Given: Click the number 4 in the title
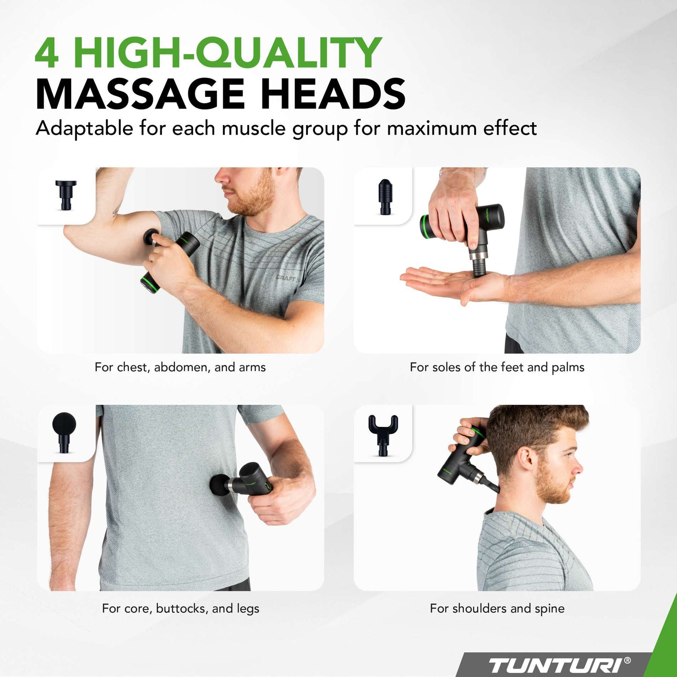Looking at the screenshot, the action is [46, 52].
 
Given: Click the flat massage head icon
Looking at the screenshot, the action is [66, 195].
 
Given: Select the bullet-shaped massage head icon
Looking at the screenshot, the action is [386, 197].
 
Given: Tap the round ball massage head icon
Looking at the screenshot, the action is [64, 432].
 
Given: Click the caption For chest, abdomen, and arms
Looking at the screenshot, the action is [180, 367].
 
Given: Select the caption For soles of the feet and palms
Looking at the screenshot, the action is [497, 367].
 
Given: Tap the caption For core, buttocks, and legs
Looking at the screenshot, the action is [180, 609].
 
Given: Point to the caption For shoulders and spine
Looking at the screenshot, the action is [497, 609].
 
